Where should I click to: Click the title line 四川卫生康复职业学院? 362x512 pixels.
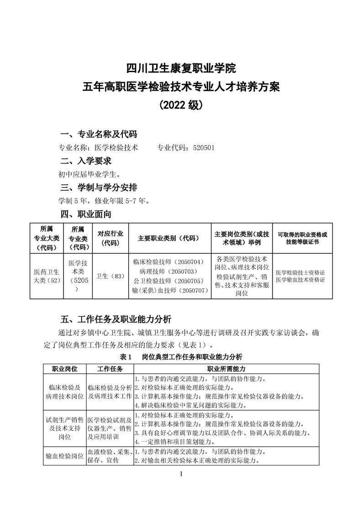181,68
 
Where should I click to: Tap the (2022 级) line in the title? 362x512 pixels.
181,104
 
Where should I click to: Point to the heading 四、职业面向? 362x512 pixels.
86,213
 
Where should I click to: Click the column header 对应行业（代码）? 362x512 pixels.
110,238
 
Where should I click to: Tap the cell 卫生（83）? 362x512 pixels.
110,276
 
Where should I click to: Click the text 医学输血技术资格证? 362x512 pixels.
300,280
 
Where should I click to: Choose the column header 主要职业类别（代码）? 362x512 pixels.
169,238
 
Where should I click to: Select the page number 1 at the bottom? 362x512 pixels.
181,474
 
